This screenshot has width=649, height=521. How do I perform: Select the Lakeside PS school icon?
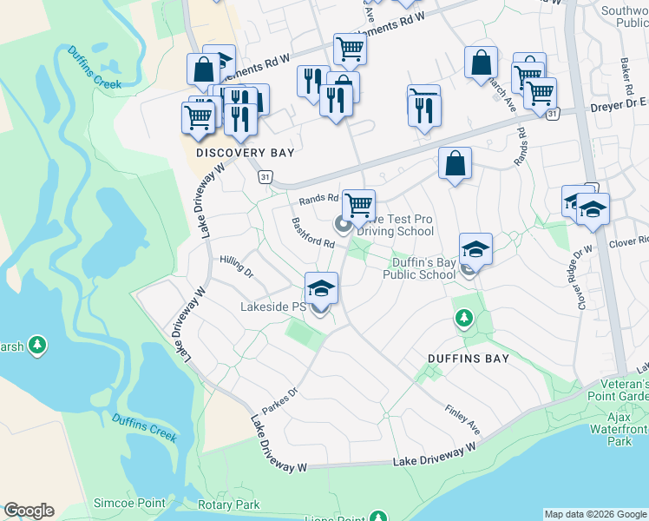320,288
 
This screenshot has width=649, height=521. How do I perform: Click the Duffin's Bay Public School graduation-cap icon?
475,249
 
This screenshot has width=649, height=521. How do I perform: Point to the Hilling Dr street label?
235,265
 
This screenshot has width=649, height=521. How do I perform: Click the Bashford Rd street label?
313,232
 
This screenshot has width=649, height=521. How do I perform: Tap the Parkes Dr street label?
280,401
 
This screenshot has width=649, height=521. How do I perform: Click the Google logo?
29,511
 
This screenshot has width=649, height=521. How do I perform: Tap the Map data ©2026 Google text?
595,514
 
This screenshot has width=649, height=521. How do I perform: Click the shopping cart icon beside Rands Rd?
358,206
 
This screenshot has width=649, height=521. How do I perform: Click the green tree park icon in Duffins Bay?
464,320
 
